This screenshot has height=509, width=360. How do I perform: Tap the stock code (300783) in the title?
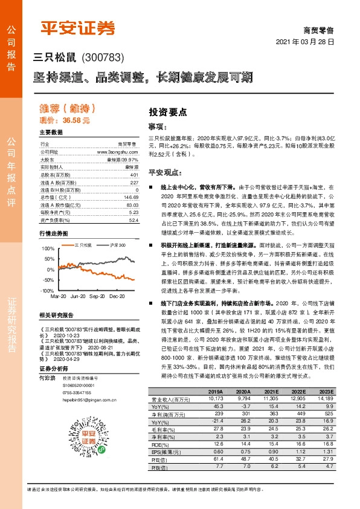point(102,57)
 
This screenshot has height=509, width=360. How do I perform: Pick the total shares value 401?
point(134,175)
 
